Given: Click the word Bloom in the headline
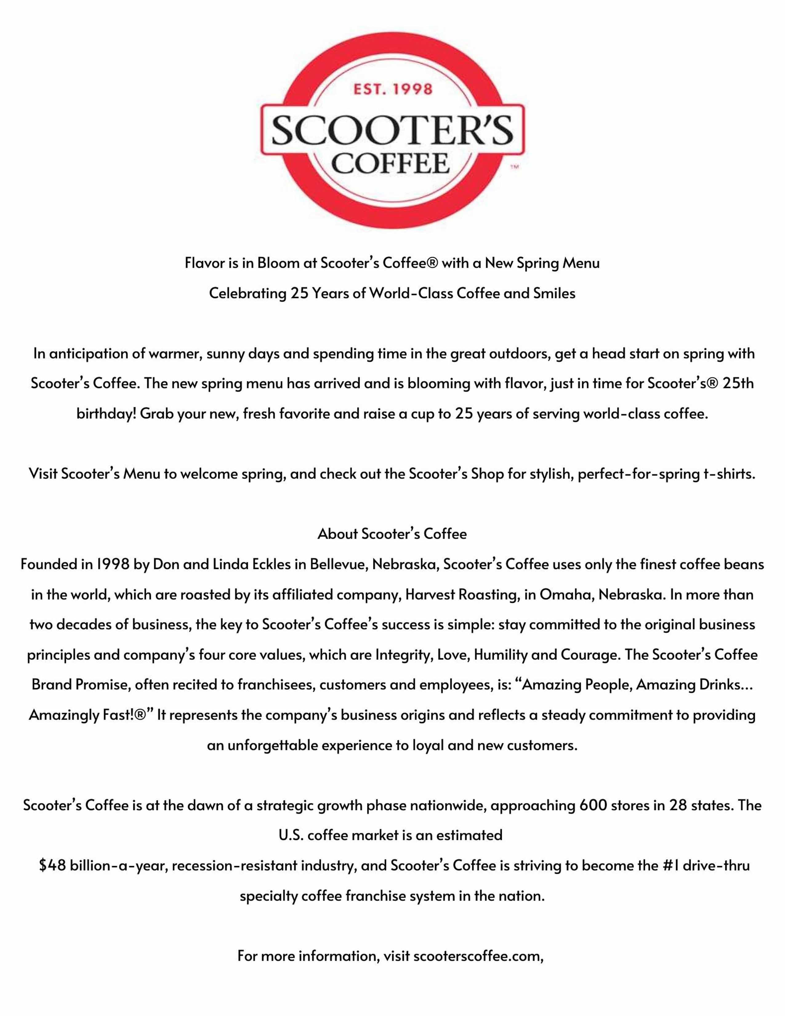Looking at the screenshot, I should pyautogui.click(x=278, y=263).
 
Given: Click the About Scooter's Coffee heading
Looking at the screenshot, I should pyautogui.click(x=392, y=534).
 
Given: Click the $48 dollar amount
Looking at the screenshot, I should pyautogui.click(x=53, y=866).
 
